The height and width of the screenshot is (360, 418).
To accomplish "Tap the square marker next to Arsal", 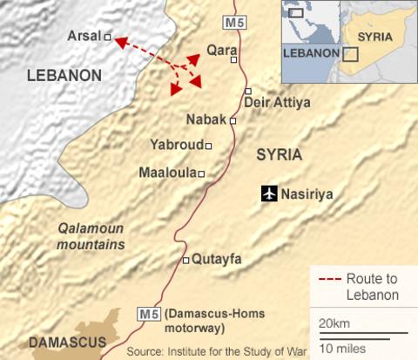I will tap(108, 37).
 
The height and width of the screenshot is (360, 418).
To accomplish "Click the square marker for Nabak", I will tap(233, 121).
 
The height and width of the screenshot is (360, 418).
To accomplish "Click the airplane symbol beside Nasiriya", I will tap(269, 194).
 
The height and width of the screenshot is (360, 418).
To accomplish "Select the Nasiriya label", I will tap(309, 194).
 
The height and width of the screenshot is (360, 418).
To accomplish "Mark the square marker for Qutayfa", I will tap(185, 260).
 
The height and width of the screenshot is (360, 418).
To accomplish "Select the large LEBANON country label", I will tap(64, 76).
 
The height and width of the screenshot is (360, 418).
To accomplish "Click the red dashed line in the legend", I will tap(329, 280).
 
